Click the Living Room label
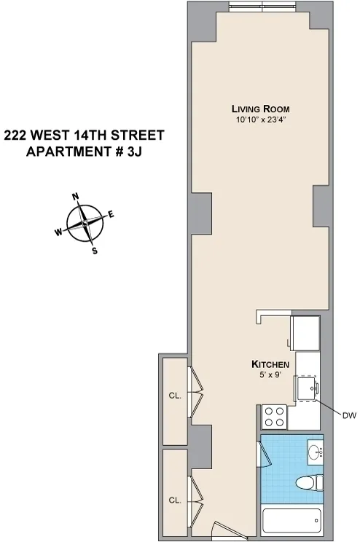point(251,110)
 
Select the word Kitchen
point(271,364)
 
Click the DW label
point(348,415)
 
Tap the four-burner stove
point(275,417)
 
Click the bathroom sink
point(316,453)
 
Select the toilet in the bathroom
point(310,484)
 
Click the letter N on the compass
point(75,197)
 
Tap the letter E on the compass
point(111,214)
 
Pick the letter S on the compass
point(94,251)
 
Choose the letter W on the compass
point(58,232)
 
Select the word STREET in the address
point(138,135)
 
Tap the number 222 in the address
point(17,135)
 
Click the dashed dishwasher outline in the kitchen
point(306,389)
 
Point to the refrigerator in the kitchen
point(305,334)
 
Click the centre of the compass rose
point(85,224)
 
